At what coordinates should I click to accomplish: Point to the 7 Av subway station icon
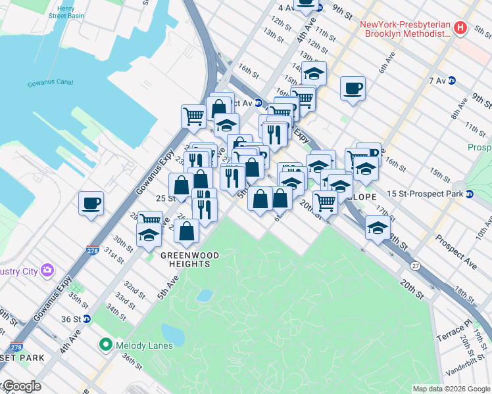[x=452, y=81]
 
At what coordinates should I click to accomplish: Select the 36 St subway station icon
[x=97, y=318]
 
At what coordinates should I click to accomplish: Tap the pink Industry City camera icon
[x=47, y=270]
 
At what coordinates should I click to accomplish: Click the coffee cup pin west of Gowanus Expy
[x=91, y=202]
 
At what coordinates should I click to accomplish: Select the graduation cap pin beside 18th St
[x=378, y=229]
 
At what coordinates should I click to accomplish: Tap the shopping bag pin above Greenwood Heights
[x=187, y=230]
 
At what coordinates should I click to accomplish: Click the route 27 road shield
[x=416, y=265]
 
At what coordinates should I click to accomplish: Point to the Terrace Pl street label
[x=455, y=326]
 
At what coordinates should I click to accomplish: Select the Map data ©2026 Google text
[x=451, y=389]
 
